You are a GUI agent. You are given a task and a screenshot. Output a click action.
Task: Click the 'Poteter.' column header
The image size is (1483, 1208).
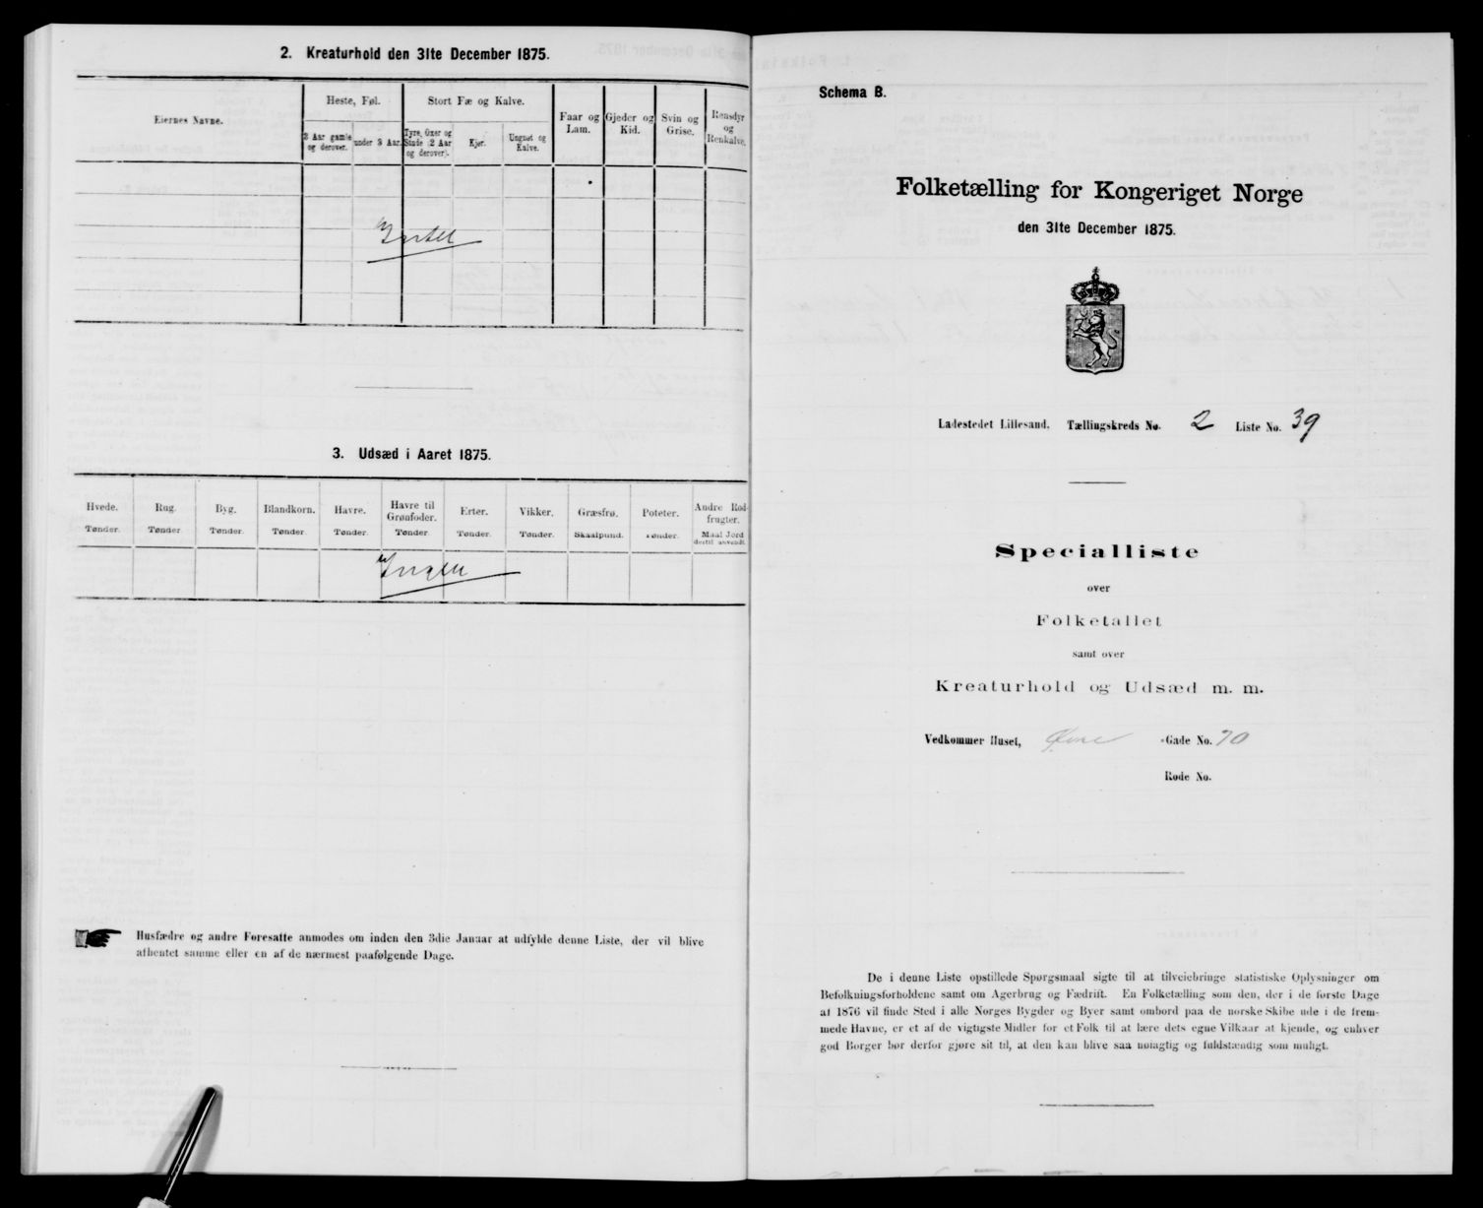(659, 511)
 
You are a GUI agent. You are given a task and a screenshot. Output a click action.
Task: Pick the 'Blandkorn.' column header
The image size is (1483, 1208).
(287, 511)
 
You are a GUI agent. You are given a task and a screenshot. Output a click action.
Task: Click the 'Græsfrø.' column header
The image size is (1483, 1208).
(597, 511)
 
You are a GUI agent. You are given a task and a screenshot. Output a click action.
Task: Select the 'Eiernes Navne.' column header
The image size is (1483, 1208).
(188, 119)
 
